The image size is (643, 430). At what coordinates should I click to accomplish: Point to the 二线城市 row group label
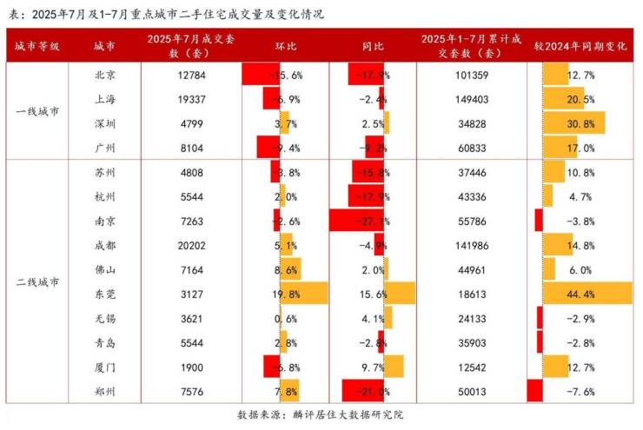(37, 282)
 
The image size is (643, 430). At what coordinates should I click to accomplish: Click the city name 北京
(106, 75)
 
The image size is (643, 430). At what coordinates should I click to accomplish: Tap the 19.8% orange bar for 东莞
(304, 294)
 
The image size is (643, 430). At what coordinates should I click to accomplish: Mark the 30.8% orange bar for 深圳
(573, 123)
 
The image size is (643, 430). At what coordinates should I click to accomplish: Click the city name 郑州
(106, 391)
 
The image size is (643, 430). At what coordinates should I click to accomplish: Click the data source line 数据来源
(321, 415)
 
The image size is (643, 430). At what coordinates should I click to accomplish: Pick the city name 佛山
(106, 269)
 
